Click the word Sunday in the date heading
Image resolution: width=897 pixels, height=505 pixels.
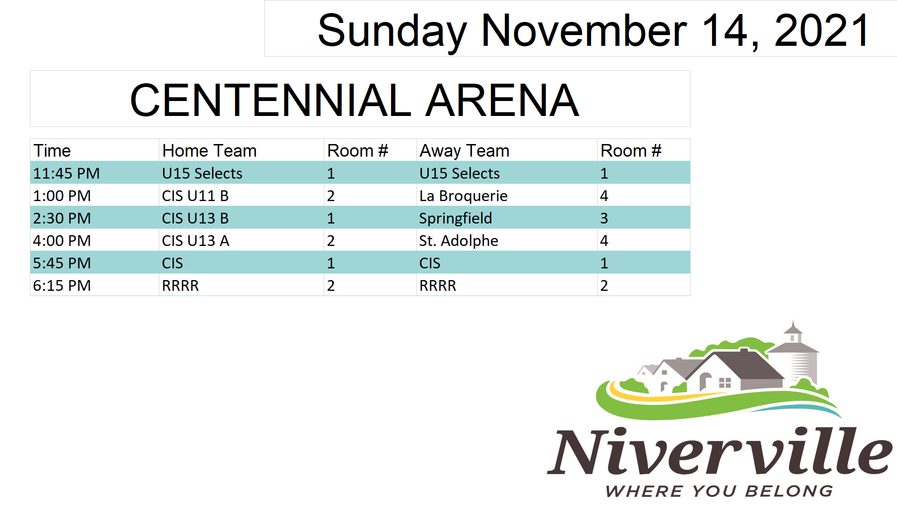[x=392, y=31]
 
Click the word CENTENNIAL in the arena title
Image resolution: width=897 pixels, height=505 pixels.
[x=271, y=100]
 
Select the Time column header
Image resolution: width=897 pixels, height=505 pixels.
[x=52, y=151]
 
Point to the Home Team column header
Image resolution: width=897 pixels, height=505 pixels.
[x=209, y=151]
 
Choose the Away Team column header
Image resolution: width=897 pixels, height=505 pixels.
[x=464, y=151]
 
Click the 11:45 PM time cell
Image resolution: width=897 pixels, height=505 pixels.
[x=66, y=173]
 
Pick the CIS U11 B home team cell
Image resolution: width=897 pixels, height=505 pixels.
[x=195, y=196]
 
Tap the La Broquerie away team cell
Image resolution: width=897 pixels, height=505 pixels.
[x=463, y=196]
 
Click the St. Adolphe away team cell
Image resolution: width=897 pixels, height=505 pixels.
[x=459, y=241]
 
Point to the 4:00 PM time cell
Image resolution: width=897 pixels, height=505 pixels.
[x=62, y=241]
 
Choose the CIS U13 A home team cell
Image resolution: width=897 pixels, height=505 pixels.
[x=196, y=241]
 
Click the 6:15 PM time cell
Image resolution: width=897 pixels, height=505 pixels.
[x=62, y=286]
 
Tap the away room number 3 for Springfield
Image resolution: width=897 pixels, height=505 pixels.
[x=604, y=218]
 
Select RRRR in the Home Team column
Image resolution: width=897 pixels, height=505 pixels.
[x=180, y=286]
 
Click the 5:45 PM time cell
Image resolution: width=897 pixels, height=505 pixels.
[x=62, y=263]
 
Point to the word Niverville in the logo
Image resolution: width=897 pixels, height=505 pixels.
[x=720, y=451]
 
